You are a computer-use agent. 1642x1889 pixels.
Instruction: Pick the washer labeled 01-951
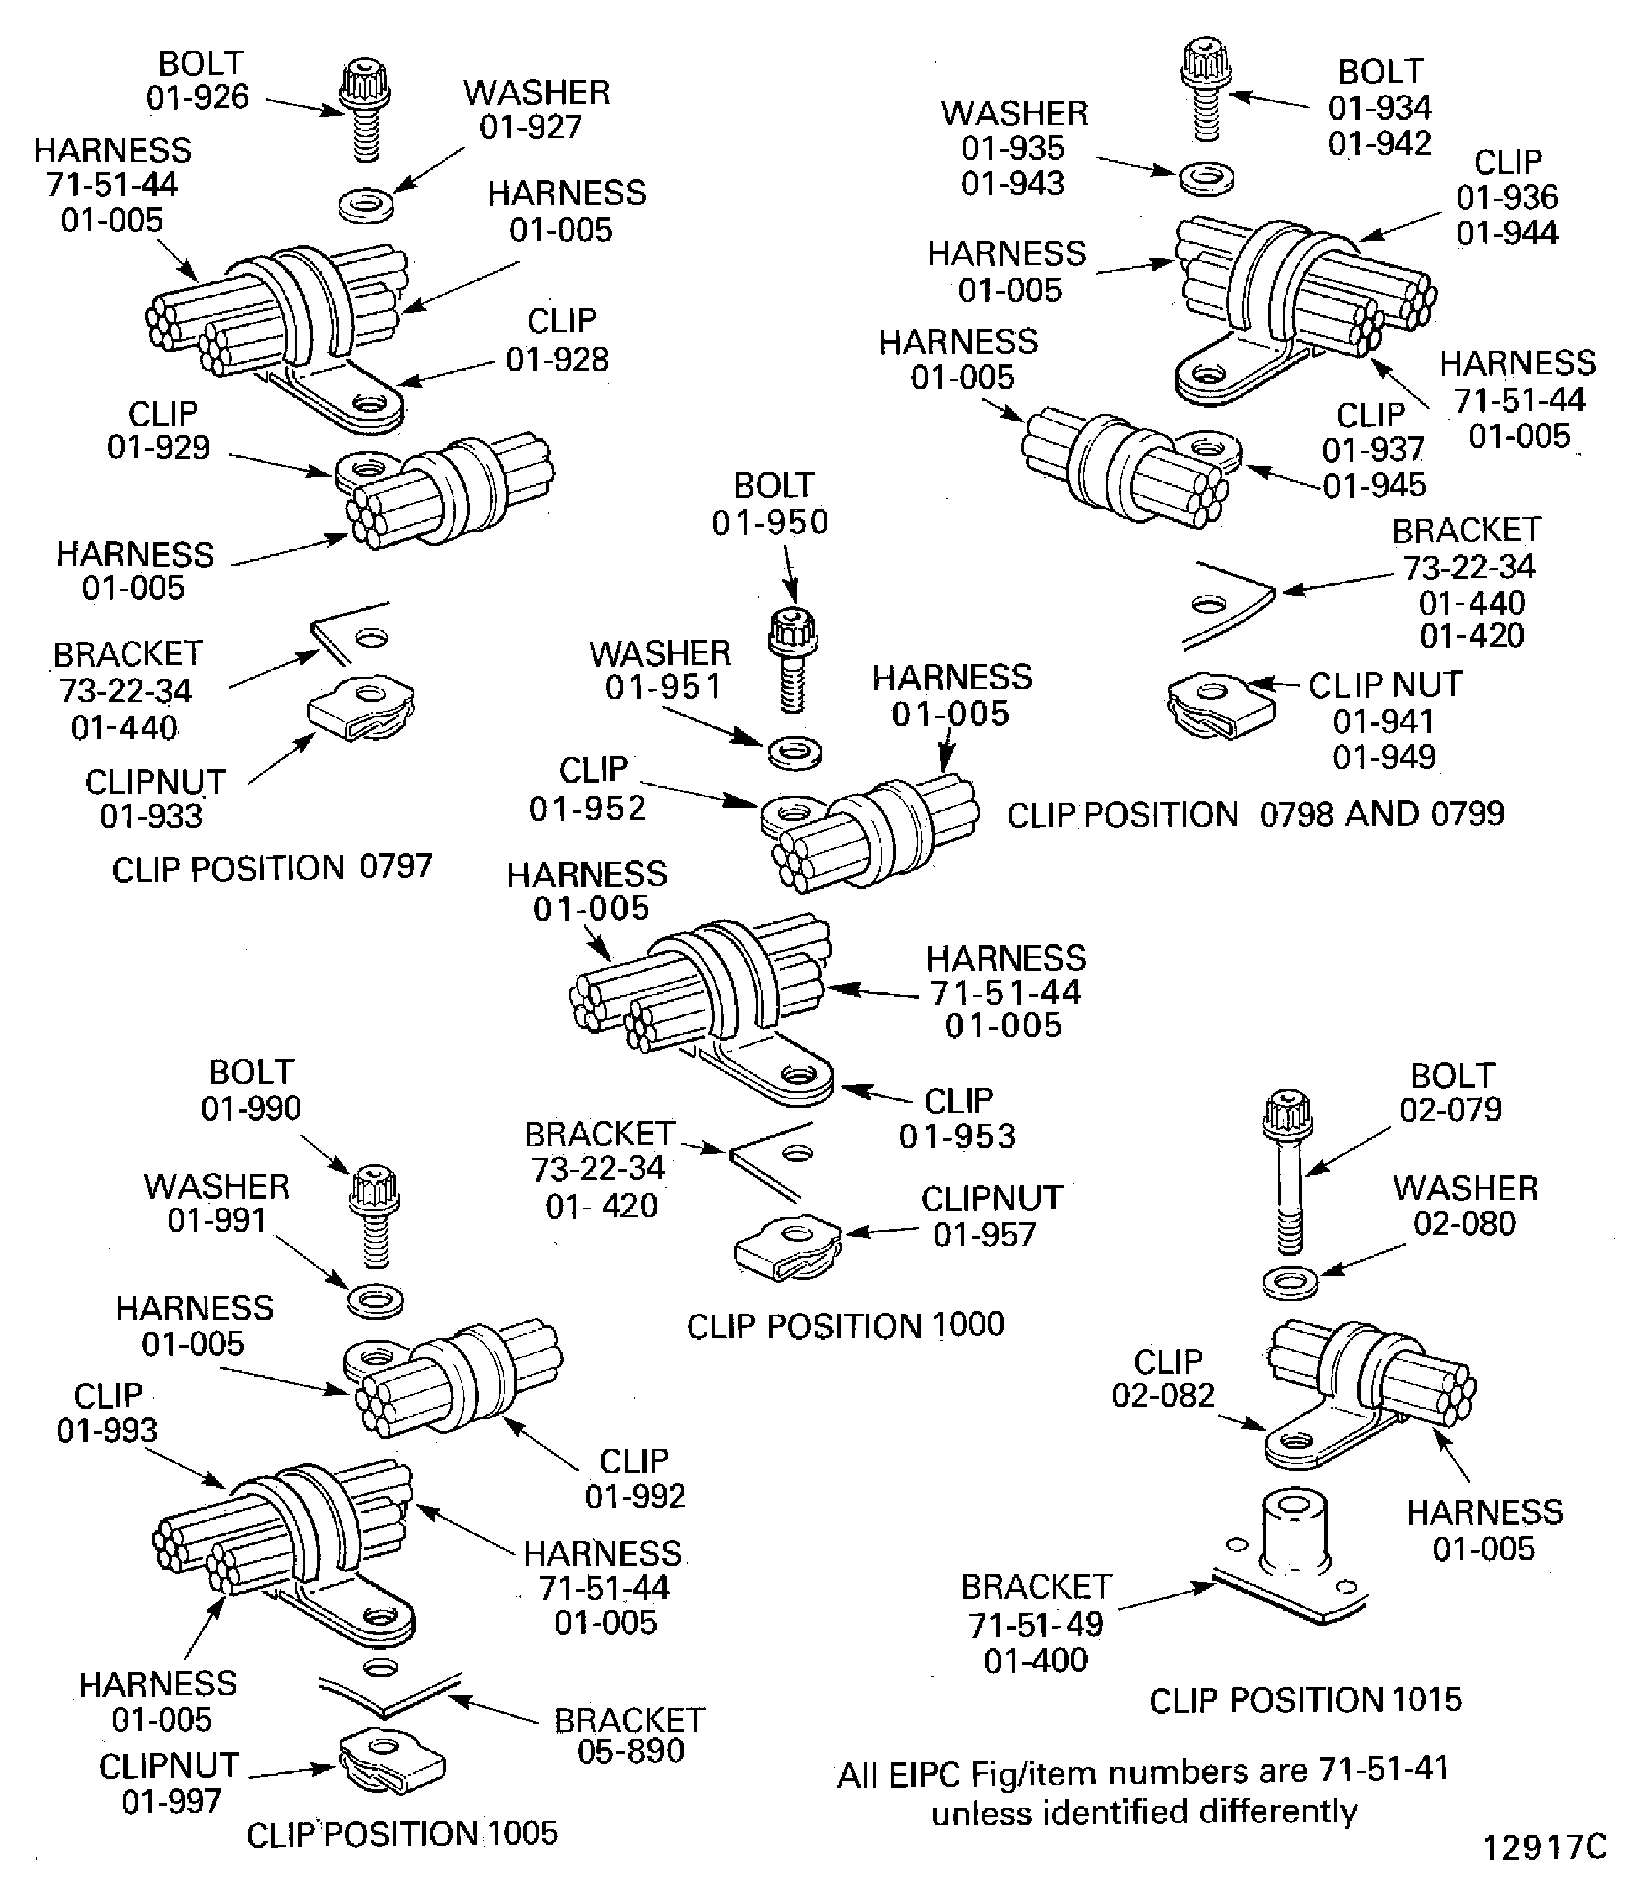[794, 752]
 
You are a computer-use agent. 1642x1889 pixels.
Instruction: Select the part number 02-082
[1163, 1395]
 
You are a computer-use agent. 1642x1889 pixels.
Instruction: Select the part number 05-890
[630, 1751]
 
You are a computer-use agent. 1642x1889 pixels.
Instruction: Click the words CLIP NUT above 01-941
[1384, 685]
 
